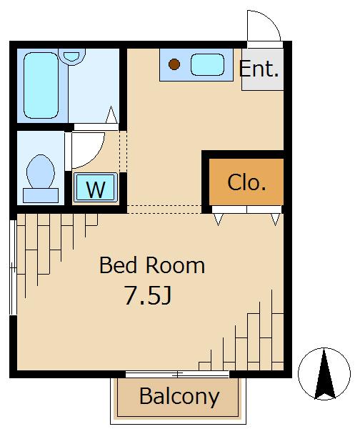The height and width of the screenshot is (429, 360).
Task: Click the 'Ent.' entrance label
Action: coord(259,69)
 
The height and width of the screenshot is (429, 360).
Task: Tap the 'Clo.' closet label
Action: coord(246,182)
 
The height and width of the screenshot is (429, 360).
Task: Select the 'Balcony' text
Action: coord(179,397)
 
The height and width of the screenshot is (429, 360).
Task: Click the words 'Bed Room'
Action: coord(152,265)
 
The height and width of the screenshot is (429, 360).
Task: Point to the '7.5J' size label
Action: coord(148,295)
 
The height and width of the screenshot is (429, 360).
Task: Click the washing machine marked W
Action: coord(96,187)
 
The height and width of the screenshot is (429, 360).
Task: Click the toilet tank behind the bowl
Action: coord(41,195)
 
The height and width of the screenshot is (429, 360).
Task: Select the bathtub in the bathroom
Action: coord(41,85)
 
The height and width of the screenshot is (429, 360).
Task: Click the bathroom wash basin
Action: coord(71,56)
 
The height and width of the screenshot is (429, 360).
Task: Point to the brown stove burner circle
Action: coord(174,64)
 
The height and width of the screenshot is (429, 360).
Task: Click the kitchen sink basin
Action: coord(207,65)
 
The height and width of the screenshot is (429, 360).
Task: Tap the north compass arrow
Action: coord(324,374)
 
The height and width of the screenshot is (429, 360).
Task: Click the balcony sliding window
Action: coord(177,374)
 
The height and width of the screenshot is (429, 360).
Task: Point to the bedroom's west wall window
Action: coord(13,267)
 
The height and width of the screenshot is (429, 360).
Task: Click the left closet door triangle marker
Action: coord(218,220)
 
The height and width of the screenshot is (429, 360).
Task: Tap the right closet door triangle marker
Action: coord(276,220)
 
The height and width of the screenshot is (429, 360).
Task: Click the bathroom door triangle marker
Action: coord(111,114)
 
